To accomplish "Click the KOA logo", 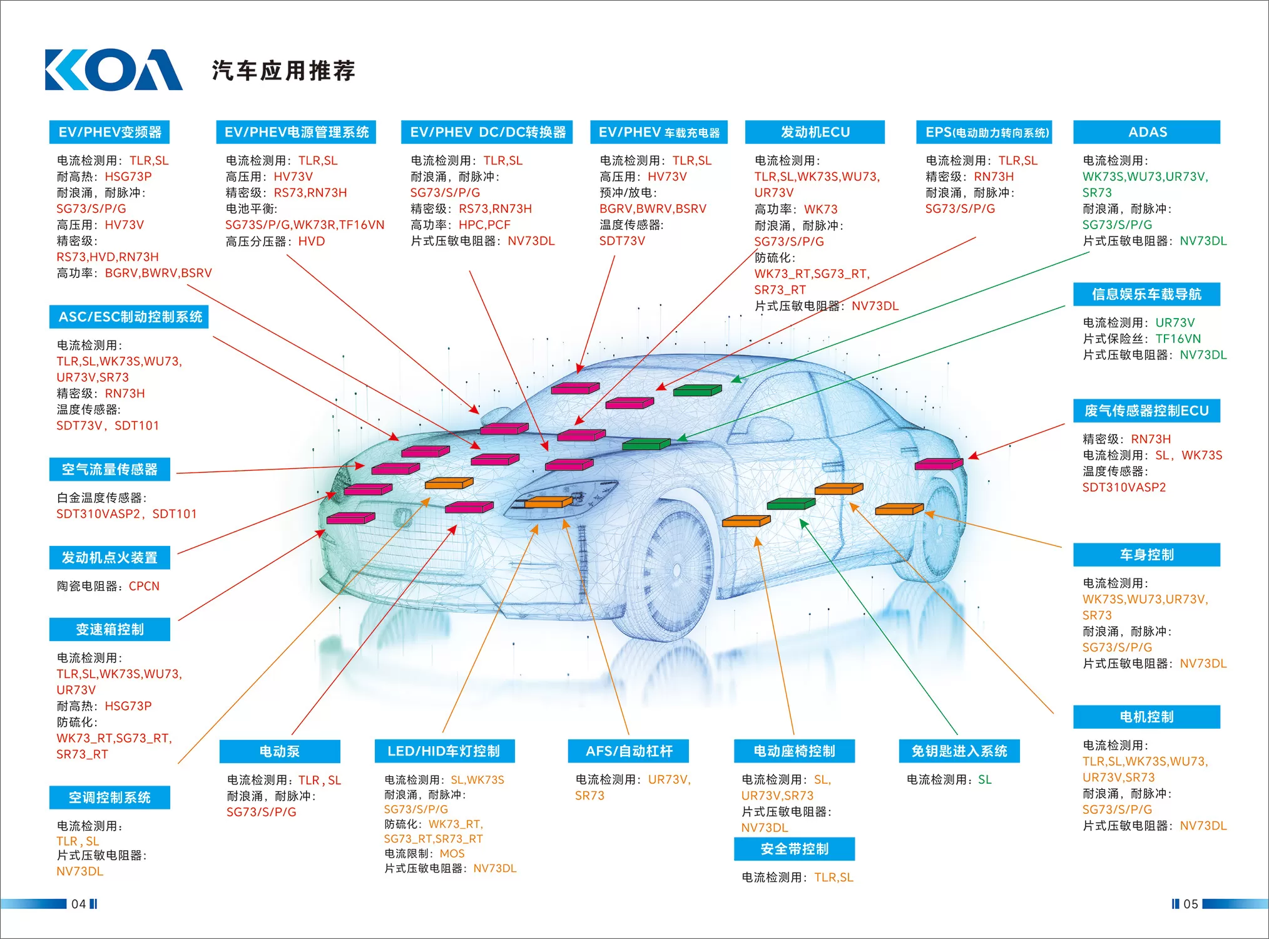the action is tap(114, 69).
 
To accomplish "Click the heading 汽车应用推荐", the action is tap(283, 71).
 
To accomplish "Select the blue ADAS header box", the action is tap(1146, 132).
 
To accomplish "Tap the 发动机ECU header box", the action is tap(815, 132).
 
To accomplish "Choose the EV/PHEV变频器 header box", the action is tap(110, 132).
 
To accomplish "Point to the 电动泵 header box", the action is tap(280, 751).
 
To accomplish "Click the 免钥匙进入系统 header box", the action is tap(959, 751).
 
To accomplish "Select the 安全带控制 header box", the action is tap(795, 849).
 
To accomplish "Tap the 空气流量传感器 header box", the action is tap(110, 469).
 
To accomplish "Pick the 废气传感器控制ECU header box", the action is tap(1146, 411).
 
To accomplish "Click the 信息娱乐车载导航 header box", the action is tap(1146, 294).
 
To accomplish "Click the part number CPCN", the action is tap(144, 587).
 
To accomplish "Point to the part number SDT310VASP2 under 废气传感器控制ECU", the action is tap(1124, 488).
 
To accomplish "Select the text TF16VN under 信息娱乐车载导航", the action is tap(1178, 339).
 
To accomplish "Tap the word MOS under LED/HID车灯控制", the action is tap(452, 854).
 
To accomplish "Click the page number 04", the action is tap(78, 904).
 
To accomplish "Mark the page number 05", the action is tap(1191, 904).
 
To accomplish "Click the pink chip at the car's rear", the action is tap(939, 464).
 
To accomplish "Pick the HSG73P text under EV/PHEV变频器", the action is tap(128, 177).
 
